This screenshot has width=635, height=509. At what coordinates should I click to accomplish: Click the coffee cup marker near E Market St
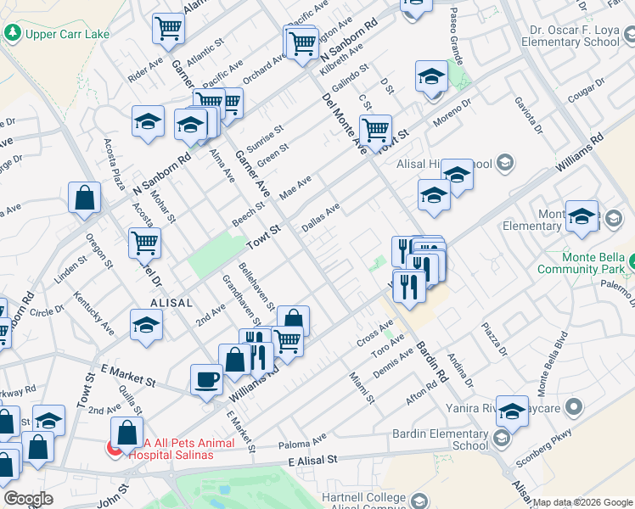(x=206, y=379)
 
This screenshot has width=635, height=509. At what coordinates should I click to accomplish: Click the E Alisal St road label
(x=312, y=459)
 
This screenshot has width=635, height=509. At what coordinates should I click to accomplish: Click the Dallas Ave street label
(x=321, y=217)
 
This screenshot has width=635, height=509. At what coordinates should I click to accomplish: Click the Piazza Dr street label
(x=493, y=338)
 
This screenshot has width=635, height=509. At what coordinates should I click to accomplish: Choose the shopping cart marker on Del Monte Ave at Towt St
(x=375, y=130)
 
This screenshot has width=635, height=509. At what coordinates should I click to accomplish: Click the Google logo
(x=28, y=499)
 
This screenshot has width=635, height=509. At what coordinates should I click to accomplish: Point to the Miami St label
(x=362, y=386)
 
